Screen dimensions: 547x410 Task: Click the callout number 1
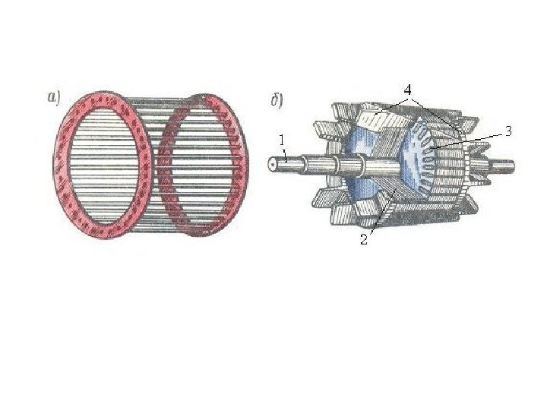click(282, 140)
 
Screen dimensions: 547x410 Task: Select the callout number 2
click(364, 239)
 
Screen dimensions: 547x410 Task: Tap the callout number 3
click(508, 131)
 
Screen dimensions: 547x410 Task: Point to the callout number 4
click(407, 90)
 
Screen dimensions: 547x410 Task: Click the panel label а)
click(54, 97)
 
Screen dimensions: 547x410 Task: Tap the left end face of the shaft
click(273, 164)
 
